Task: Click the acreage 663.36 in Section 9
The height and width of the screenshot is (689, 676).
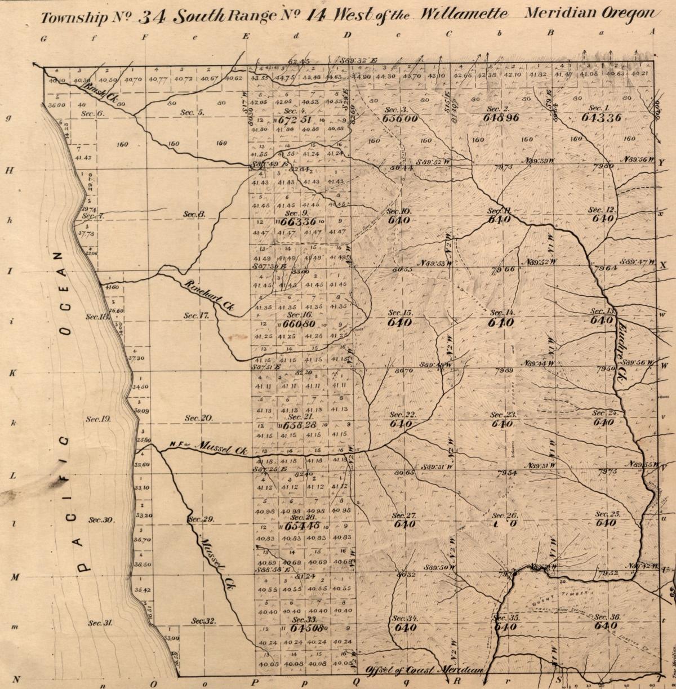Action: tap(299, 222)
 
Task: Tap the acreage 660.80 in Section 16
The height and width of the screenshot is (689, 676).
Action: tap(299, 325)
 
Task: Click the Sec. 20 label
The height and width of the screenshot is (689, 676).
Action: tap(198, 418)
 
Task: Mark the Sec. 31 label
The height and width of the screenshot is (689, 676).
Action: tap(101, 623)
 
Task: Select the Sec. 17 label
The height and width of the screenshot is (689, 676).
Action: tap(197, 315)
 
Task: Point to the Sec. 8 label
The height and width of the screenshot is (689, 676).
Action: tap(194, 214)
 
